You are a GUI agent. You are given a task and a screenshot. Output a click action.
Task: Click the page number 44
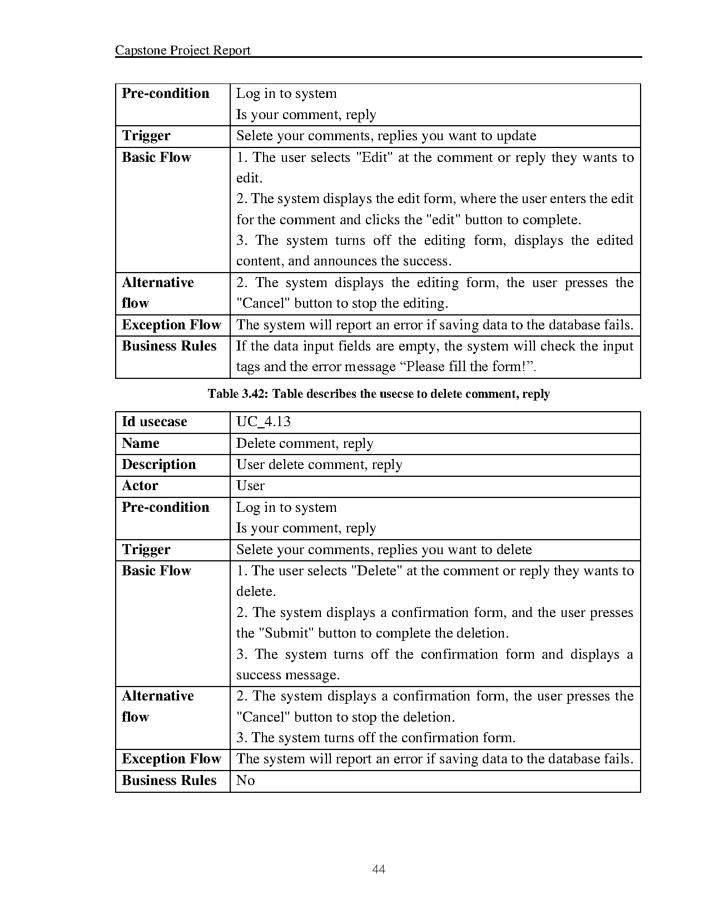pos(379,869)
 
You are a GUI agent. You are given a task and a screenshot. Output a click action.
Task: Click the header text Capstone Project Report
pos(182,51)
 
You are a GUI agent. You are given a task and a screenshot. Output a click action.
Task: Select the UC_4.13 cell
pos(263,422)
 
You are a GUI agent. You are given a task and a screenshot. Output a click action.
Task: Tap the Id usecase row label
pos(154,422)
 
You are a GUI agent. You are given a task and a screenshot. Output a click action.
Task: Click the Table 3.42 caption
pos(379,394)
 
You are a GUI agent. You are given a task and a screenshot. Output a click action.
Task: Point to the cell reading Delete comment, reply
pos(304,443)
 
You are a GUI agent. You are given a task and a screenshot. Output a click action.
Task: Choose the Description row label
pos(158,465)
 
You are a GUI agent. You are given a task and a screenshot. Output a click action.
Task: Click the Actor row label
pos(140,486)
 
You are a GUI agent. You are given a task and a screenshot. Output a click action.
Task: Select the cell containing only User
pos(250,486)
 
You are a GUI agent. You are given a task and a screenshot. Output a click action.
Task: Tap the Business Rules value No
pos(245,781)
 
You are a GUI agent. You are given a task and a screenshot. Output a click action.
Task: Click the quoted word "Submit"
pos(285,633)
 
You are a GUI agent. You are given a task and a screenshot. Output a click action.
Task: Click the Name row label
pos(140,443)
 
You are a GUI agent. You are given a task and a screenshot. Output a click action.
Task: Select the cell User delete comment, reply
pos(319,465)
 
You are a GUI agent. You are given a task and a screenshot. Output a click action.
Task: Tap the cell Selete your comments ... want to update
pos(386,136)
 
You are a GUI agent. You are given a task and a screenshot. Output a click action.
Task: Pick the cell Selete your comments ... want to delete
pos(384,550)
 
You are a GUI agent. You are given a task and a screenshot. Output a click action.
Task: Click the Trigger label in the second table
pos(146,550)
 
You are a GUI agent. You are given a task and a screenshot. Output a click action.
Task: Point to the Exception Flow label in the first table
pos(171,325)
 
